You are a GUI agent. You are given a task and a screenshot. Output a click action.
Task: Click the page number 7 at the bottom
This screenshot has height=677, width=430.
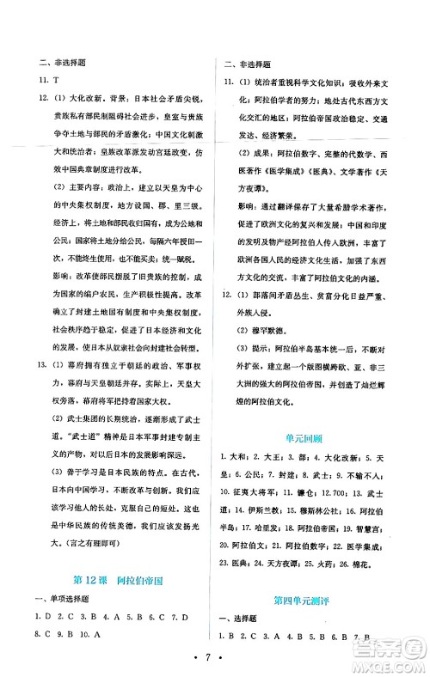point(215,657)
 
